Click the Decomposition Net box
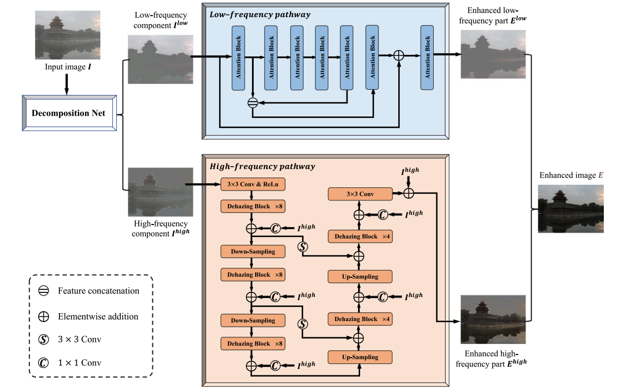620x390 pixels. point(68,113)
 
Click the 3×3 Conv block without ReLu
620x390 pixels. point(360,194)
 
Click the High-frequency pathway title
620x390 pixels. point(262,167)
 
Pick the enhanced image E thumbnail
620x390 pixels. point(570,208)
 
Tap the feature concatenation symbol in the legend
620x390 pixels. point(44,291)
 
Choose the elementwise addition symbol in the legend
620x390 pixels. point(44,316)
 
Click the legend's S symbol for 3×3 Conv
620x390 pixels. point(44,339)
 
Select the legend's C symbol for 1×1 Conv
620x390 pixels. point(44,363)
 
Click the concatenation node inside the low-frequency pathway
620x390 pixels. point(253,103)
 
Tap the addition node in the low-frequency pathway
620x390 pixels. point(399,55)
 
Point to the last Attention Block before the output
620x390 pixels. point(427,57)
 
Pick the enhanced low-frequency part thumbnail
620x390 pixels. point(493,54)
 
